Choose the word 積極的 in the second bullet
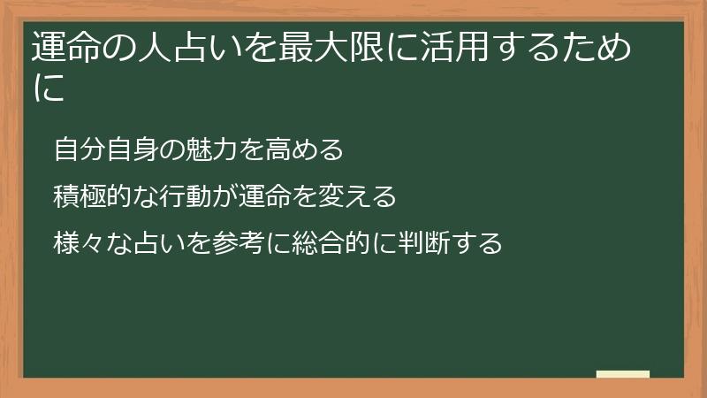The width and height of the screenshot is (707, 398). click(91, 195)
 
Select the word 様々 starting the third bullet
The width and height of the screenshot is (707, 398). click(79, 241)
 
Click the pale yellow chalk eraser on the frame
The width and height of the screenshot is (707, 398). click(623, 375)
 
